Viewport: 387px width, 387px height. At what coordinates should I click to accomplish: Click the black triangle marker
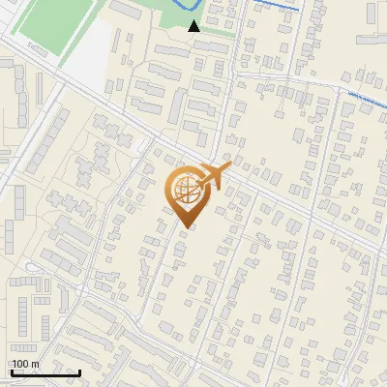click(194, 26)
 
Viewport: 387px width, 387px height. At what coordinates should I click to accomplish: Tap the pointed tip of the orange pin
click(186, 228)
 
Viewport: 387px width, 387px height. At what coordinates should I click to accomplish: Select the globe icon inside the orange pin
click(186, 191)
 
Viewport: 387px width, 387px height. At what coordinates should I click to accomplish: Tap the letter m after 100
click(36, 364)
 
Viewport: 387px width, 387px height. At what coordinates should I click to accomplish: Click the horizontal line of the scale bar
click(45, 372)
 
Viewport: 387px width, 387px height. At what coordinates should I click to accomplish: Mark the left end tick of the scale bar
click(12, 371)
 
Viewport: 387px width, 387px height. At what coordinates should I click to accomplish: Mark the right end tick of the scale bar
click(79, 371)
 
